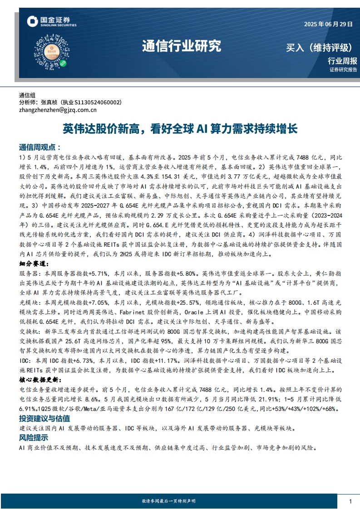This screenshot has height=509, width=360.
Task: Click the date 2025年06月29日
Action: tap(328, 24)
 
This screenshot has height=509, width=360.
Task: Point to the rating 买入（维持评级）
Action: tap(320, 48)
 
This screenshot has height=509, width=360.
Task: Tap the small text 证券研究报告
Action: tap(343, 70)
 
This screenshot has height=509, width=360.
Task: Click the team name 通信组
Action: tap(27, 95)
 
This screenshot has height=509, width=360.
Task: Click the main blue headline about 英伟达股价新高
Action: tap(180, 129)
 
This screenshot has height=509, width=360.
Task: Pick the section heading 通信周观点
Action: tap(39, 148)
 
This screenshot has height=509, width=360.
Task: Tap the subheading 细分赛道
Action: tap(34, 264)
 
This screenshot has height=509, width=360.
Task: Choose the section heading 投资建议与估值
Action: tap(44, 418)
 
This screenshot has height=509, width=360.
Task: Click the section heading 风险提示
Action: tap(34, 438)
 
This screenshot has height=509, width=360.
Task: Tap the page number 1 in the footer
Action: tap(350, 501)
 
